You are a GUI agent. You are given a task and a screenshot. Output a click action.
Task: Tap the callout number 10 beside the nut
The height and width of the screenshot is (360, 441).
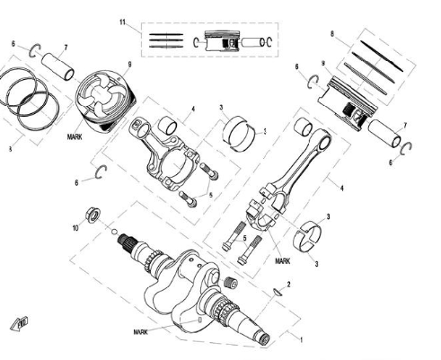(x=76, y=229)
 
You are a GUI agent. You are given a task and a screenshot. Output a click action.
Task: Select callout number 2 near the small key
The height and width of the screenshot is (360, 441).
(x=288, y=284)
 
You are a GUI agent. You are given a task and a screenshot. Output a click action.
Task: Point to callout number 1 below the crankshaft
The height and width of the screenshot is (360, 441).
(x=301, y=340)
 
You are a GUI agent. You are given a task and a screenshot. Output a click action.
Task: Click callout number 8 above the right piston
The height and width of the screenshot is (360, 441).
(x=332, y=34)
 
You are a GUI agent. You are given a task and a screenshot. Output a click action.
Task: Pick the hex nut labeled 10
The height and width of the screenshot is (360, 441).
(x=92, y=215)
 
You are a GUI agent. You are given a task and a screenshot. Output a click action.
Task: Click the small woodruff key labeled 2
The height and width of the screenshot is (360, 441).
(x=278, y=291)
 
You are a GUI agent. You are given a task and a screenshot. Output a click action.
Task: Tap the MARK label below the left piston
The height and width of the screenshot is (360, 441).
(x=75, y=140)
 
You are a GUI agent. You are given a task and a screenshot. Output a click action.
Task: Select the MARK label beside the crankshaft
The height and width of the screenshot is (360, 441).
(x=140, y=331)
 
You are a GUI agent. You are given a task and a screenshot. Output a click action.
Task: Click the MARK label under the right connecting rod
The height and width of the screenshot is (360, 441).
(x=283, y=260)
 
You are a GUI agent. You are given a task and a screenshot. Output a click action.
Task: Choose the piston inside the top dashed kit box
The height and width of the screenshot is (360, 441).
(x=220, y=42)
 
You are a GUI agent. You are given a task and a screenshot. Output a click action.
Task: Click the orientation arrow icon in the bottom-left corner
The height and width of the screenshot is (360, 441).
(x=17, y=323)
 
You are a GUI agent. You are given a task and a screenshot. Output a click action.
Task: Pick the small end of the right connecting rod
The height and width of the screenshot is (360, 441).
(x=303, y=127)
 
